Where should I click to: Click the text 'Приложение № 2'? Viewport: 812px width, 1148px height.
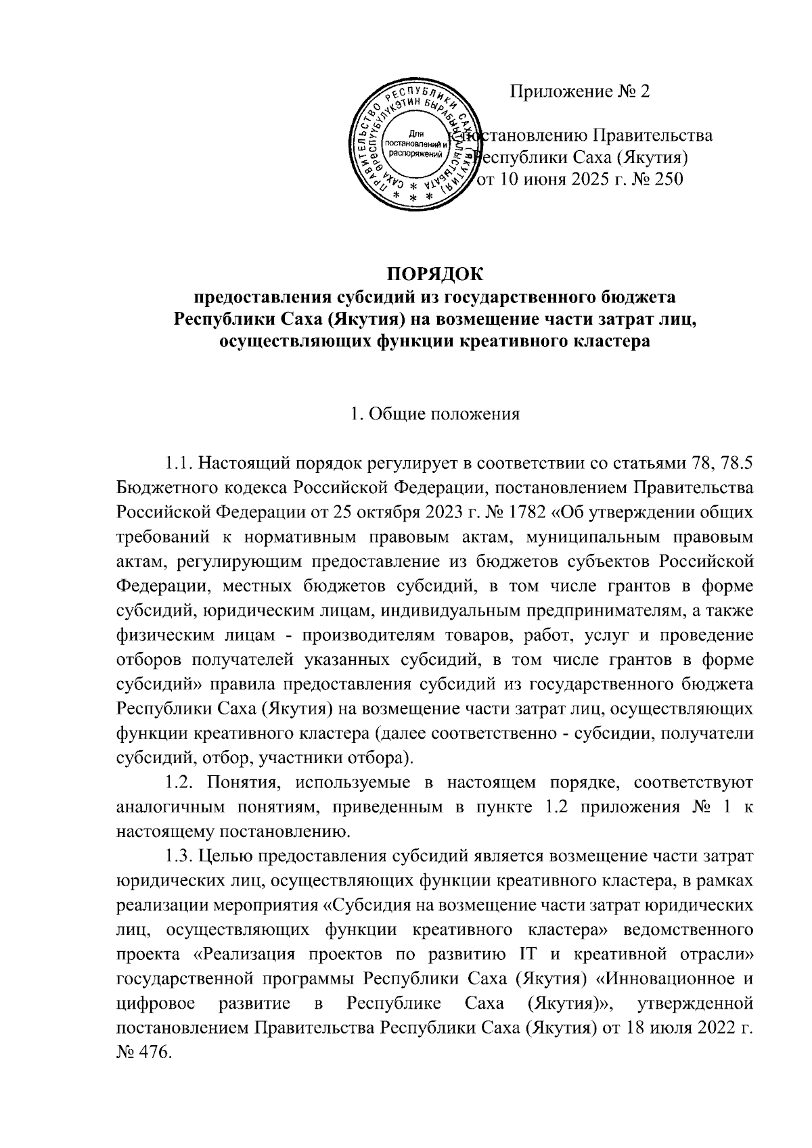(580, 91)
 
